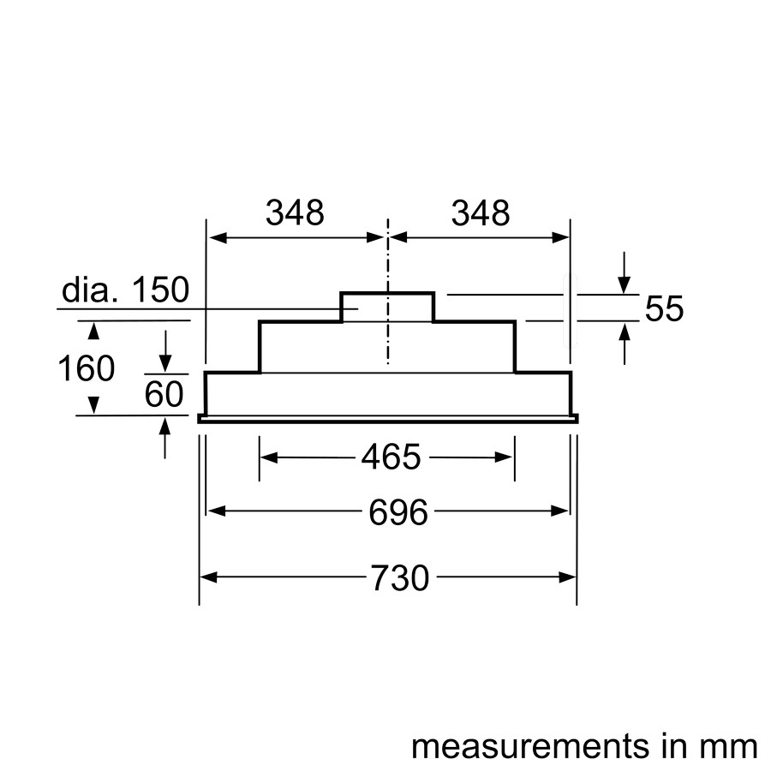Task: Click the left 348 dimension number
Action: point(295,213)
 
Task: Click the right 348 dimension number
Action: point(481,213)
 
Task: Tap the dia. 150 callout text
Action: point(125,290)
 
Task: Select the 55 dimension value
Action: point(664,308)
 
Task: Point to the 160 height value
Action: point(87,368)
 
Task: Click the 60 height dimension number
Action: point(164,394)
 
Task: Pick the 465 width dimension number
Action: point(391,457)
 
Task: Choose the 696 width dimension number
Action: point(398,512)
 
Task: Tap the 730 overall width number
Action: point(400,577)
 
